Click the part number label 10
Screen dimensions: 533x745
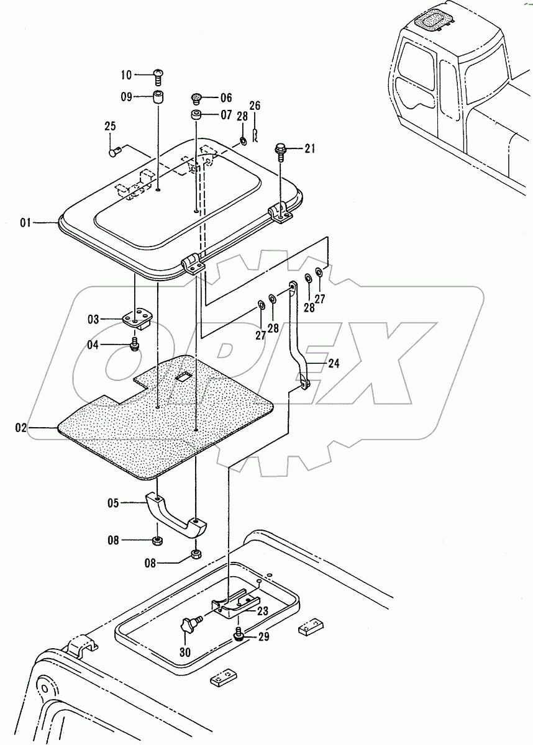coord(126,75)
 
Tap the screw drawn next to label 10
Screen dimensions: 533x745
coord(158,77)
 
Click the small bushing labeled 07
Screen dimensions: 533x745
coord(196,115)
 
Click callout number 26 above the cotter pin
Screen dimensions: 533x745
coord(255,106)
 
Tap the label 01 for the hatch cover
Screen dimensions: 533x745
coord(25,222)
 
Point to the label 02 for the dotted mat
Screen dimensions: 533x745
coord(20,427)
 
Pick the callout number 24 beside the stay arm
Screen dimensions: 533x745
coord(334,364)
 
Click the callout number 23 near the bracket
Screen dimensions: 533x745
coord(263,611)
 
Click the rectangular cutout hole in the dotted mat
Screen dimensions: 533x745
coord(184,376)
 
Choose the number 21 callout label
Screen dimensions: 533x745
coord(309,148)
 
